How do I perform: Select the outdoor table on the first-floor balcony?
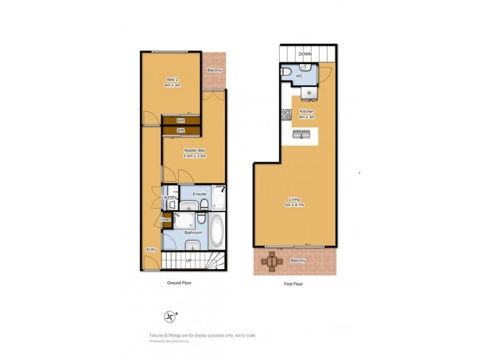coord(273,260)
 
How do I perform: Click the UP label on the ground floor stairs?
coord(188,261)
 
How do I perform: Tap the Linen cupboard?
coord(166,220)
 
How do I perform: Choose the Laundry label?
coord(169,197)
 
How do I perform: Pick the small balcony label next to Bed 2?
coord(215,70)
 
